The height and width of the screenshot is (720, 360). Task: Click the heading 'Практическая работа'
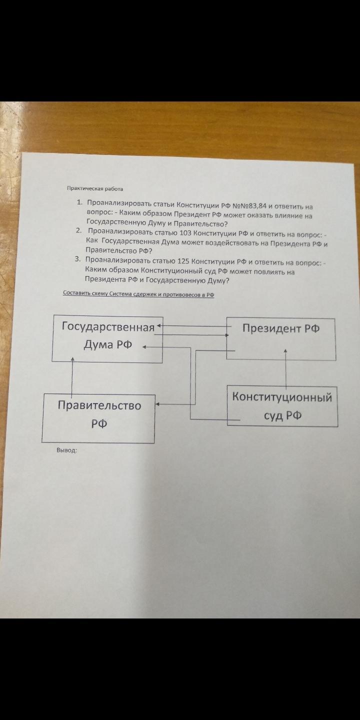point(94,188)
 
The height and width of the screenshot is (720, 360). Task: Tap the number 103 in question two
point(185,233)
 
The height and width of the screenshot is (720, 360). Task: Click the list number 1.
point(79,202)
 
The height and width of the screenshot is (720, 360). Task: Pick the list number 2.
point(78,230)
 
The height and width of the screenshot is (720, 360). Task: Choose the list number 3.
point(77,259)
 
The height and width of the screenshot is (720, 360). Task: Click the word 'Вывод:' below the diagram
point(66,450)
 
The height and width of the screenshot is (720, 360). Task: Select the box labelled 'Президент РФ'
point(280,338)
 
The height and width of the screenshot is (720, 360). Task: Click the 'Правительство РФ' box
point(98,418)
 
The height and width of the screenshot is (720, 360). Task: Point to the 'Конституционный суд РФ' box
point(282,406)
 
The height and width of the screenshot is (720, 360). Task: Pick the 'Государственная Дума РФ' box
point(107,338)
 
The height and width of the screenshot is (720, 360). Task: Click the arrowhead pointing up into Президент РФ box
point(285,351)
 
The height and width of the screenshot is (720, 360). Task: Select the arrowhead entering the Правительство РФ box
point(157,403)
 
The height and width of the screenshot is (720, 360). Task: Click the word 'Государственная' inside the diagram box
point(107,327)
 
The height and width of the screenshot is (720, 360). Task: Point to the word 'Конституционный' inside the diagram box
point(282,397)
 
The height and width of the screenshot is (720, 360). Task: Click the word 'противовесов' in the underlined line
point(182,295)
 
